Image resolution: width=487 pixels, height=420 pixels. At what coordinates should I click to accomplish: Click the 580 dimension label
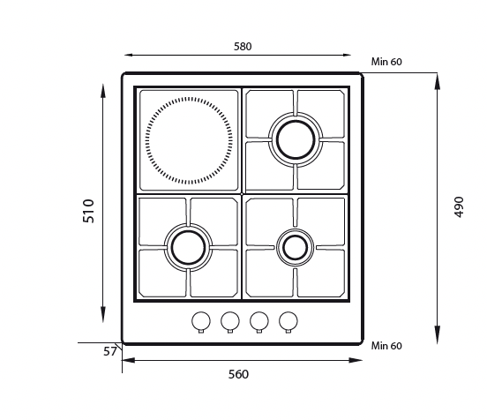click(x=243, y=47)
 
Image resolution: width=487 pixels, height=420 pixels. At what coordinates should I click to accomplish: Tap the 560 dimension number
click(x=238, y=374)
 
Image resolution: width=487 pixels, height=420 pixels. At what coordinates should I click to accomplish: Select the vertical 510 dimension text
click(x=88, y=211)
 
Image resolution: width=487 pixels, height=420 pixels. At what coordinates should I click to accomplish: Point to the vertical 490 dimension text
click(x=459, y=206)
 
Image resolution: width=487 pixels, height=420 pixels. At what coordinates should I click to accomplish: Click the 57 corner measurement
click(x=110, y=352)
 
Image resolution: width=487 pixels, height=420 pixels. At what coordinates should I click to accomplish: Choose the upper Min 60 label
click(x=386, y=62)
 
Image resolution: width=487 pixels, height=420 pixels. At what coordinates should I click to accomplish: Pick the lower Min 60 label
click(x=386, y=346)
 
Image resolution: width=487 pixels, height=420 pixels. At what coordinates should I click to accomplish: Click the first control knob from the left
click(x=201, y=321)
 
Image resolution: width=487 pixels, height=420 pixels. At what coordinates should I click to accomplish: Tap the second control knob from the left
click(x=230, y=321)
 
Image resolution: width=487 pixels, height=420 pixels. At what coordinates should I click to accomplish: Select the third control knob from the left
click(x=259, y=321)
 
